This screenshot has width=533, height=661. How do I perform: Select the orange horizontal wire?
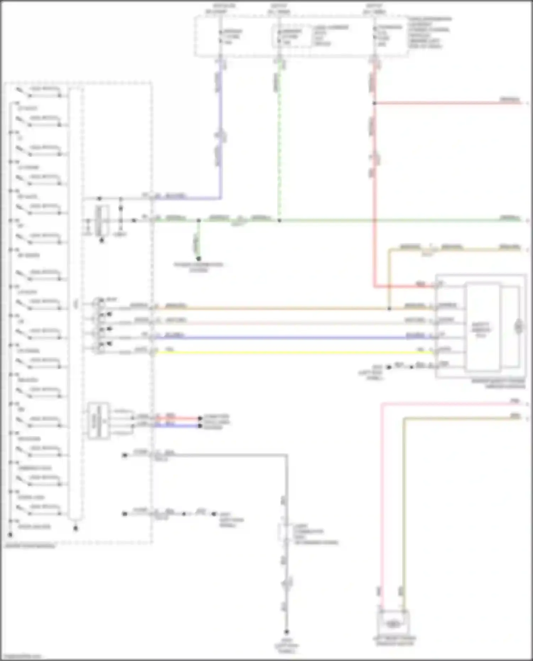pyautogui.click(x=270, y=308)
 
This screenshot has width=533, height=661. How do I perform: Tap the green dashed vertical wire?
pyautogui.click(x=279, y=142)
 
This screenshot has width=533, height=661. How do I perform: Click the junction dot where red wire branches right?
pyautogui.click(x=374, y=103)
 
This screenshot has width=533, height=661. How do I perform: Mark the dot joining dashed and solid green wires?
pyautogui.click(x=279, y=221)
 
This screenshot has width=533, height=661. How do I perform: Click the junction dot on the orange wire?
pyautogui.click(x=389, y=308)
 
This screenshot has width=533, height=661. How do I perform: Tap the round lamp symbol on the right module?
pyautogui.click(x=519, y=326)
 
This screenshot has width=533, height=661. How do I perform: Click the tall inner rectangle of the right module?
pyautogui.click(x=483, y=327)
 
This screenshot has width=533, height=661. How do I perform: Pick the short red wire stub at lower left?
pyautogui.click(x=178, y=418)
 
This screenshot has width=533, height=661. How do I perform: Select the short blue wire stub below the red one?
pyautogui.click(x=178, y=426)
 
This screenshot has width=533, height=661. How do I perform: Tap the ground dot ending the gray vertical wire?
pyautogui.click(x=286, y=632)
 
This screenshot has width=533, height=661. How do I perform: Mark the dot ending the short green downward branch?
pyautogui.click(x=199, y=259)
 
